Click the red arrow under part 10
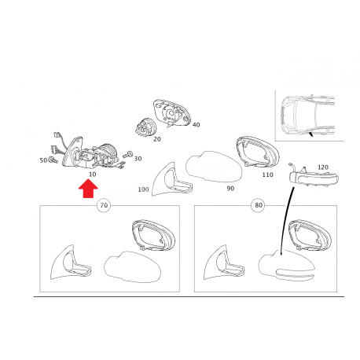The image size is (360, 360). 88,189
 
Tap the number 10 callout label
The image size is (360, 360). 92,174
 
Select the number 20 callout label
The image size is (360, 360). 157,139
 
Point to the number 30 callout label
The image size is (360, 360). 138,159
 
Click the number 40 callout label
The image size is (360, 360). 196,125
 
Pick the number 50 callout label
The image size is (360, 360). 43,160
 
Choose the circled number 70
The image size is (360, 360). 104,205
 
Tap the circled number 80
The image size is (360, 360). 259,205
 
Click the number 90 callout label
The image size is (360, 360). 230,189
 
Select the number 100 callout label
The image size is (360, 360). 143,189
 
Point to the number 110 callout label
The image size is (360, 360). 267,174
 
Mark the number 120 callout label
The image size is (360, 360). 323,167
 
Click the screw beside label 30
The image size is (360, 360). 128,155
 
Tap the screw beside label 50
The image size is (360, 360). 53,160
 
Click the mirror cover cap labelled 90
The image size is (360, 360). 214,167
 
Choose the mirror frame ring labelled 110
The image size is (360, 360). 258,152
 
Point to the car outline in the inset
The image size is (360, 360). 307,116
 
